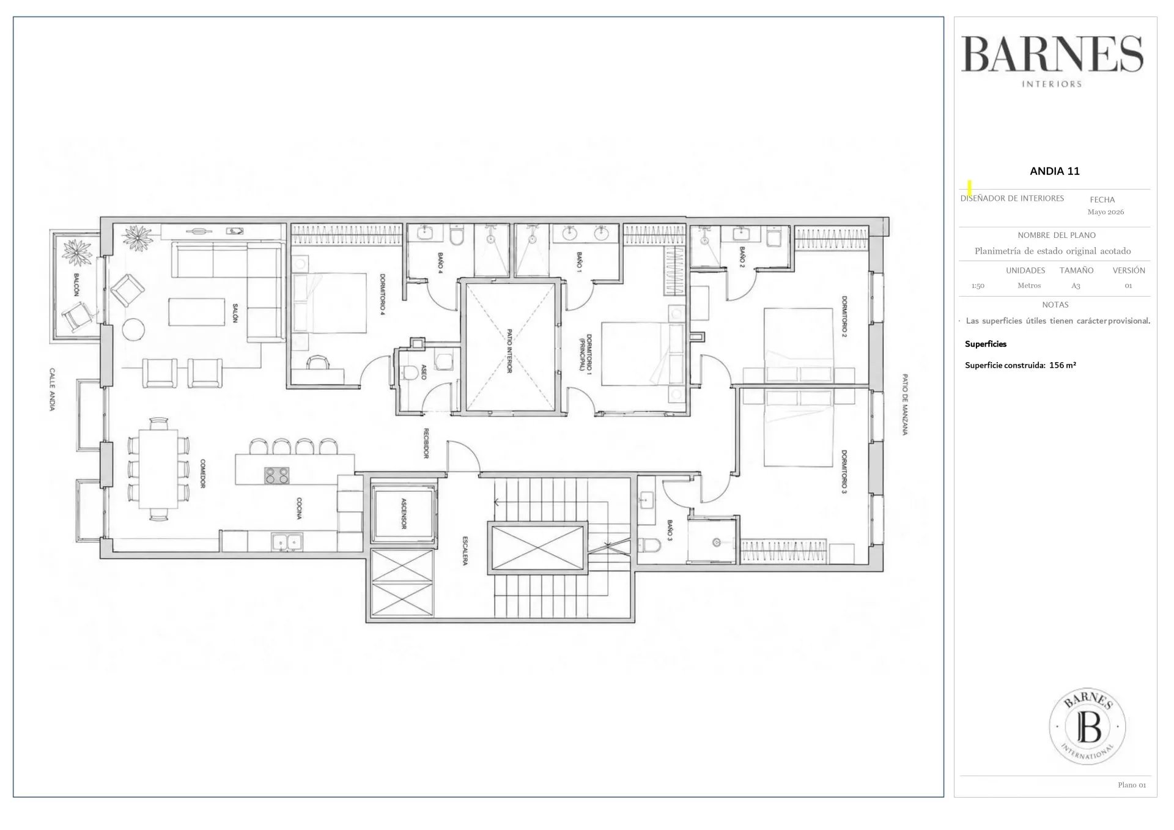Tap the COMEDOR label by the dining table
click(202, 473)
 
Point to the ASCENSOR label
click(403, 513)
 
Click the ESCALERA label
click(465, 551)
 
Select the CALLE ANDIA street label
click(53, 390)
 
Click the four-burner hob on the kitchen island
click(277, 475)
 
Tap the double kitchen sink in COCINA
click(287, 542)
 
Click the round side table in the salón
click(133, 329)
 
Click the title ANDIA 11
click(1055, 171)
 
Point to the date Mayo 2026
click(1106, 212)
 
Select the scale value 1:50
click(978, 286)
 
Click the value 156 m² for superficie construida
click(1063, 365)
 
